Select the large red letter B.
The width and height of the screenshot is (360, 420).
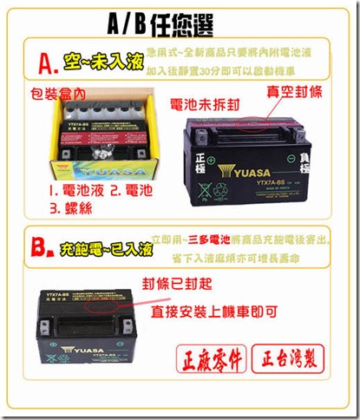(x=43, y=252)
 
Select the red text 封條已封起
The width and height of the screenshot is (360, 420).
(x=178, y=283)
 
